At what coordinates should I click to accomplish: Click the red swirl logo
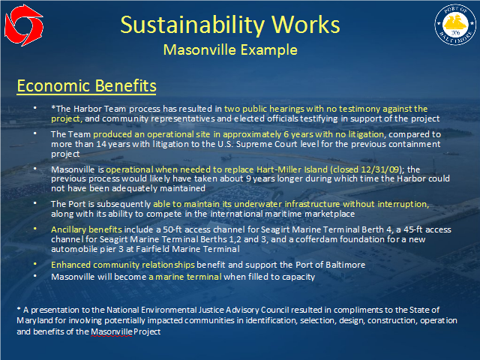[x=24, y=25]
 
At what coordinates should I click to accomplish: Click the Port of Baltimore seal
[x=455, y=25]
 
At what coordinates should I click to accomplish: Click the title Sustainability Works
[x=230, y=25]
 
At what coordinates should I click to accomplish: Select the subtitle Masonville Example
[x=230, y=49]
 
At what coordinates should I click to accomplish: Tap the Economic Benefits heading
[x=87, y=85]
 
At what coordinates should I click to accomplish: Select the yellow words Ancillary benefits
[x=86, y=229]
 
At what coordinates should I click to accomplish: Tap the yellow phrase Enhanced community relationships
[x=123, y=265]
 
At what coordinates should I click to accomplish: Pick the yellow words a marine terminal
[x=185, y=277]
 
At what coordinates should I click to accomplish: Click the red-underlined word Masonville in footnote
[x=112, y=331]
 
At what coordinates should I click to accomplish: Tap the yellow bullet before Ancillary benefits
[x=35, y=229]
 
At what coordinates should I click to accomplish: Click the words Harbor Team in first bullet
[x=100, y=109]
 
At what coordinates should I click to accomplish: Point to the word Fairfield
[x=152, y=249]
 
